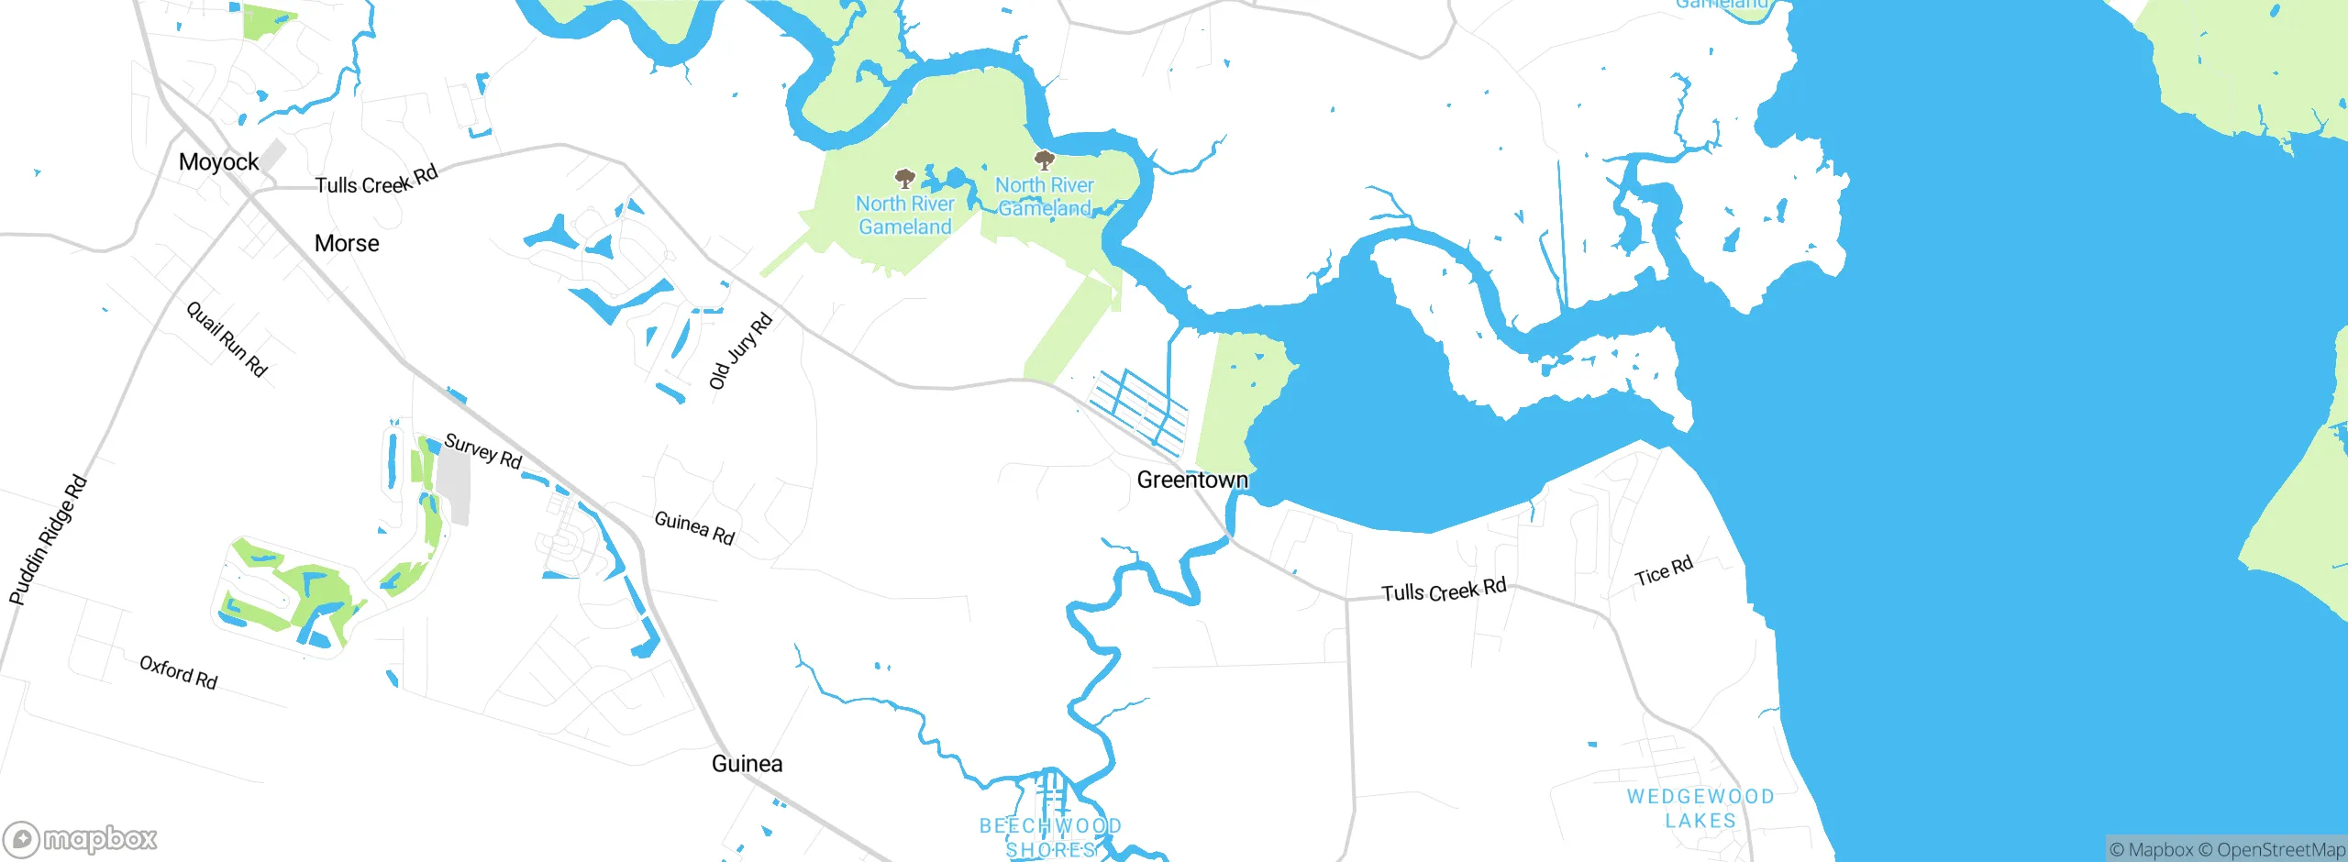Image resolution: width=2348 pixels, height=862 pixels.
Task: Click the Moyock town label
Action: (218, 162)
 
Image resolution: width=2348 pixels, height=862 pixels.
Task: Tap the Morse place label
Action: (347, 243)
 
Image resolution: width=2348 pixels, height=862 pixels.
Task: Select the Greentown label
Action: (1192, 480)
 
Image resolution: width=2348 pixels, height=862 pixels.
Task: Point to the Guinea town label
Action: (747, 764)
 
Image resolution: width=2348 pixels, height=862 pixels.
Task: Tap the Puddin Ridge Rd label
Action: (48, 540)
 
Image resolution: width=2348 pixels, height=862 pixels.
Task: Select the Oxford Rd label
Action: (178, 672)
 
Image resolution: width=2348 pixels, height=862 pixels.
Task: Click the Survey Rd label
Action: (482, 451)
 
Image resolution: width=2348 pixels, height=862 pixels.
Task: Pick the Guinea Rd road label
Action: (694, 528)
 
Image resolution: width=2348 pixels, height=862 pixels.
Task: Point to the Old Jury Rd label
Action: (741, 351)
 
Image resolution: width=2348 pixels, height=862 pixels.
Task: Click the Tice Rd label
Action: (1664, 571)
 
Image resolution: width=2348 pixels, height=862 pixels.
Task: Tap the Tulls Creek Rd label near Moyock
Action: (376, 181)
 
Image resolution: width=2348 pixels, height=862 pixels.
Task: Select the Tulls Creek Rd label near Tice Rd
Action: (1444, 591)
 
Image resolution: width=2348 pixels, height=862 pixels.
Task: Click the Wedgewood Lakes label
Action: (1700, 808)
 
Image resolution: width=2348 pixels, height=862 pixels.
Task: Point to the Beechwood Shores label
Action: (1051, 837)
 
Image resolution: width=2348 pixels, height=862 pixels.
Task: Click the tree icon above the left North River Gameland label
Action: (905, 177)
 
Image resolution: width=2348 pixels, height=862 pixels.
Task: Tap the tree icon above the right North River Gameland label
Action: (1044, 160)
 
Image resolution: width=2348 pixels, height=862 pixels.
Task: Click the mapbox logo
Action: (81, 839)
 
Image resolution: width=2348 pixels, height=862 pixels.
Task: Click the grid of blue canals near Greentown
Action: (1139, 409)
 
